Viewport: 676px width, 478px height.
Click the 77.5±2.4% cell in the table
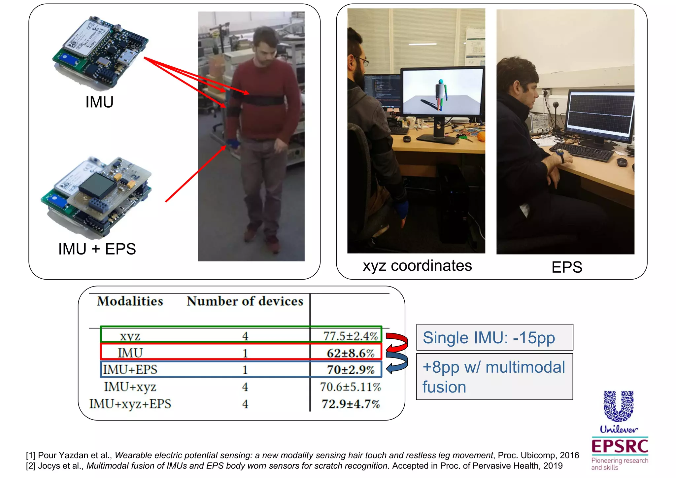coord(350,336)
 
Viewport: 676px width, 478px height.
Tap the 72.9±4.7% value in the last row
coord(351,404)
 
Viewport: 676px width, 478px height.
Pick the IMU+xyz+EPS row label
coord(130,404)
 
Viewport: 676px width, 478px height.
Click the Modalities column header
coord(130,301)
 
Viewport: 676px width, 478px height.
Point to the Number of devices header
coord(245,301)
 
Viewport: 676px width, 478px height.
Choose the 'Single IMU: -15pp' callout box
coord(494,337)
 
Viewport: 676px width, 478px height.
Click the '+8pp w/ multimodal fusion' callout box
coord(494,377)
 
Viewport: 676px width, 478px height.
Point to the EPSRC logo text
coord(620,446)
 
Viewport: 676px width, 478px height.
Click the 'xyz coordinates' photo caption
coord(417,266)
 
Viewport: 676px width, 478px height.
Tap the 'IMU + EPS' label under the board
coord(97,249)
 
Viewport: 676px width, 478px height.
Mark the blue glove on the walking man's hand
coord(233,144)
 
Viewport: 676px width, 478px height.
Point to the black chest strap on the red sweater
coord(261,99)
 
